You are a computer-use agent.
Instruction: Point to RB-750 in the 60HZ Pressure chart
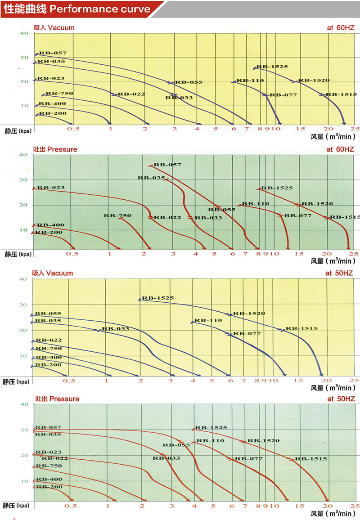[117, 215]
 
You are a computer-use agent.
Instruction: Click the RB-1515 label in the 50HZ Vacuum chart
[302, 328]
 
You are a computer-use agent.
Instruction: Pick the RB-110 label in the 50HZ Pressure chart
[210, 440]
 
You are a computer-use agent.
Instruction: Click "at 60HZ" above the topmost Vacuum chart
[341, 27]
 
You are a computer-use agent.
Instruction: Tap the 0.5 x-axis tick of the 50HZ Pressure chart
[70, 506]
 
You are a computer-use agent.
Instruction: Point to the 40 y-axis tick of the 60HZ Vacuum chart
[24, 33]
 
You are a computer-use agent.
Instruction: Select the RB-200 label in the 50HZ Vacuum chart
[49, 365]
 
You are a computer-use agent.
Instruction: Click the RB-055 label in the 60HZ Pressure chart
[222, 210]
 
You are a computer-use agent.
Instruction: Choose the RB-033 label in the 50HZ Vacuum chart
[115, 328]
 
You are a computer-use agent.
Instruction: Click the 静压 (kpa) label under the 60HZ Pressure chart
[18, 254]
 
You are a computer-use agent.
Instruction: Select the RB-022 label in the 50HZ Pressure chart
[55, 458]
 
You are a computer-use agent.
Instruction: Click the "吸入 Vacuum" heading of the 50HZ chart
[53, 273]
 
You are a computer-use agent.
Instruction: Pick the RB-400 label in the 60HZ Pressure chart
[50, 225]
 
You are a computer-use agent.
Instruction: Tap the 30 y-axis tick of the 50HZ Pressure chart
[24, 430]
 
